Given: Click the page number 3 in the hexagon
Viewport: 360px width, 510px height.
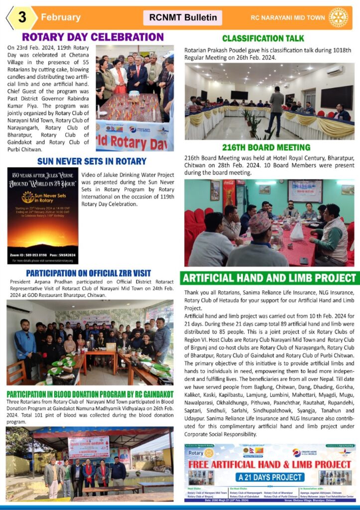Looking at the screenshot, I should tap(22, 17).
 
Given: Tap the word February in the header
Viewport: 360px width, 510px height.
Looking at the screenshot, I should tap(60, 17).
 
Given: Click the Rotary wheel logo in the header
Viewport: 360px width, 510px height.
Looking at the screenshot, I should tap(338, 17).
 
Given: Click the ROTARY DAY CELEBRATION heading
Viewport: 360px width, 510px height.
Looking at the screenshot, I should tap(93, 37).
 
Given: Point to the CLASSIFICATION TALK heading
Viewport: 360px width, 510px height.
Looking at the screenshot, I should tap(263, 38).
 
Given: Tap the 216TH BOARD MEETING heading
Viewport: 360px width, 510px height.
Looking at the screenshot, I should tap(267, 147).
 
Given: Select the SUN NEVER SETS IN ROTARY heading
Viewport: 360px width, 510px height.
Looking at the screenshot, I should tap(92, 161).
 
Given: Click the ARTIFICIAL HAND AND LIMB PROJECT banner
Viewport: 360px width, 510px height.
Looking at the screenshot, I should tap(269, 278).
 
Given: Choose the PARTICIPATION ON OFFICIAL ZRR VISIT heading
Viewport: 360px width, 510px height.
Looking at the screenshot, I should tap(88, 273).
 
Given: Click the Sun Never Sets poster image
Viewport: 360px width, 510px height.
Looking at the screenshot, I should tap(42, 215).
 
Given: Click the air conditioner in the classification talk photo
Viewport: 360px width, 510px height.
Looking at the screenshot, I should tap(334, 70).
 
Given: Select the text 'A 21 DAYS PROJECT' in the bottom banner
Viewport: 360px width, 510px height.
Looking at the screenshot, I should tap(269, 477).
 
